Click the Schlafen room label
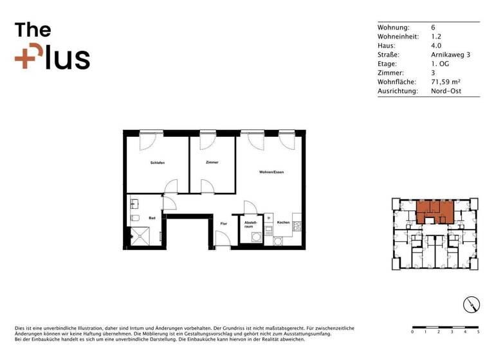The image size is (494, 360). [158, 163]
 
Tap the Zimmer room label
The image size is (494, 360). [212, 162]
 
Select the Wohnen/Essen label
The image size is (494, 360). [271, 172]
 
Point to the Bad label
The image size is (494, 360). [152, 219]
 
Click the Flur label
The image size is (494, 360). [224, 224]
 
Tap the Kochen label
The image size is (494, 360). [283, 222]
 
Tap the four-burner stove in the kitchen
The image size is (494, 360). [297, 226]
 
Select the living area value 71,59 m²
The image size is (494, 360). [446, 82]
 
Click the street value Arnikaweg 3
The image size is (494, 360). [450, 55]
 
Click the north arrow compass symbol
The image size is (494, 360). [471, 305]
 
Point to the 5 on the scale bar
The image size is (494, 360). [479, 332]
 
